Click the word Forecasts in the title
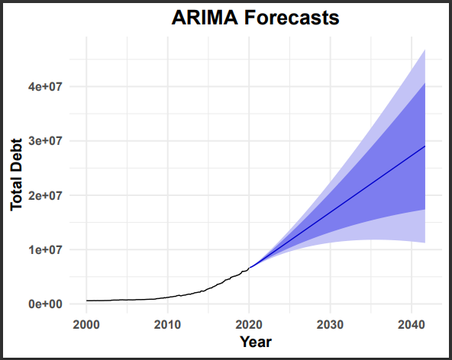292,18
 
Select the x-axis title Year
255,342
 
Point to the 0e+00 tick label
44,304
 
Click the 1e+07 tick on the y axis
44,249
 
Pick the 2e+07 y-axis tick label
44,195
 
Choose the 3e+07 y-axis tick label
44,141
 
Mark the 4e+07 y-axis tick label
44,87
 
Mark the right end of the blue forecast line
425,146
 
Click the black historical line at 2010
167,297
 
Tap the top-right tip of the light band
425,50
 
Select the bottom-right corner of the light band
425,242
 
